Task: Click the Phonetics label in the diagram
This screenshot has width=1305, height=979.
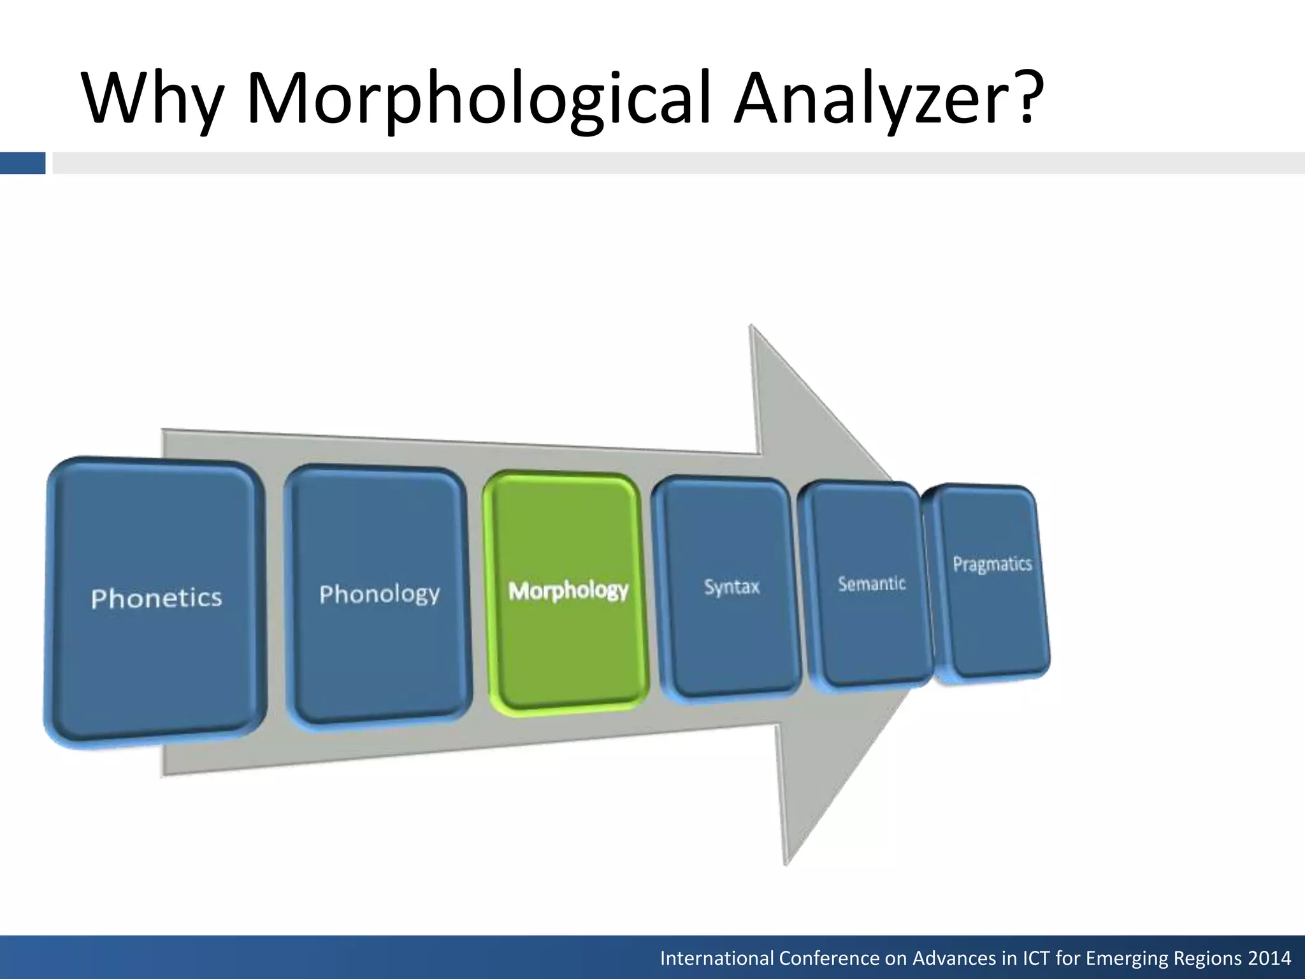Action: pos(156,598)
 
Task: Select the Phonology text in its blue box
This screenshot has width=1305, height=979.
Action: pos(379,594)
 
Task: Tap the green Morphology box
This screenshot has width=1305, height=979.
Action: pos(568,591)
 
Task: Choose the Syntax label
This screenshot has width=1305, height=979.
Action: pos(732,586)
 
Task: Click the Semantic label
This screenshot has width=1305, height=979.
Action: pos(871,583)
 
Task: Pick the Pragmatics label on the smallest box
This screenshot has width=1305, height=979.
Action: pos(991,564)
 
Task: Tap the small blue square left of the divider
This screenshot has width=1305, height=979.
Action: pos(22,163)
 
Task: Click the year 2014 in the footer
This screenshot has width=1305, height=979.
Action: pos(1269,958)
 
